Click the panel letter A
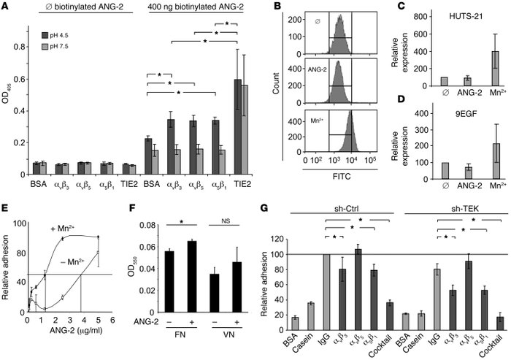click(x=7, y=7)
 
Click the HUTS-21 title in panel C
click(x=452, y=17)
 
